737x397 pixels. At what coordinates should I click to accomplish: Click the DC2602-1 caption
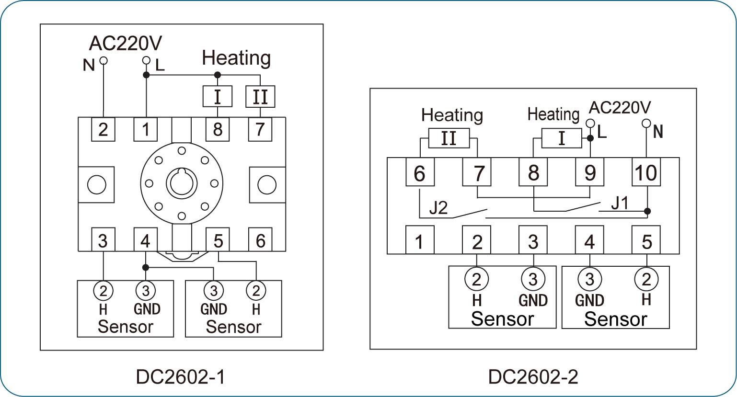pyautogui.click(x=181, y=376)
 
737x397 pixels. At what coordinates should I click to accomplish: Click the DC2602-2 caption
pyautogui.click(x=533, y=376)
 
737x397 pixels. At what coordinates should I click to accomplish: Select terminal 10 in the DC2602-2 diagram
pyautogui.click(x=646, y=172)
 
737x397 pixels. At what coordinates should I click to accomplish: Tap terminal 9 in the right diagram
pyautogui.click(x=589, y=172)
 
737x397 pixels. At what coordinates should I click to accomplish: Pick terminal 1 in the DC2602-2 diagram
pyautogui.click(x=420, y=240)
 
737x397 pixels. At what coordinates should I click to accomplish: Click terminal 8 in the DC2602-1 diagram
pyautogui.click(x=218, y=129)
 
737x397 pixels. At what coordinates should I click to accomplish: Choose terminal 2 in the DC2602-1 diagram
pyautogui.click(x=103, y=129)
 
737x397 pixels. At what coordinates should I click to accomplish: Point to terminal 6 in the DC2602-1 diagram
pyautogui.click(x=260, y=239)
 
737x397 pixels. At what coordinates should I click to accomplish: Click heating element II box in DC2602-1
pyautogui.click(x=260, y=96)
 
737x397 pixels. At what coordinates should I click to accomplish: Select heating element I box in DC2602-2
pyautogui.click(x=562, y=138)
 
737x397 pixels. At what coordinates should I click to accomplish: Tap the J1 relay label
pyautogui.click(x=620, y=203)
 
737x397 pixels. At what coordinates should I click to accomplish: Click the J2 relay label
pyautogui.click(x=438, y=208)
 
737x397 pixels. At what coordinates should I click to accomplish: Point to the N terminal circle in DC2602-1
pyautogui.click(x=104, y=60)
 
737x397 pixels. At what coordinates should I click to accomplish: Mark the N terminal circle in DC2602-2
pyautogui.click(x=646, y=124)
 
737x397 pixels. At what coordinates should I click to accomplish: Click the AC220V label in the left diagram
pyautogui.click(x=126, y=43)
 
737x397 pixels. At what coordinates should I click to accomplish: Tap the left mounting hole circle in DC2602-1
pyautogui.click(x=97, y=184)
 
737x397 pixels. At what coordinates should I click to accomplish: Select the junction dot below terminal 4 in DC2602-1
pyautogui.click(x=146, y=267)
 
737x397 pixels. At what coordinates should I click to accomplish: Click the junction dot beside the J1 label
pyautogui.click(x=647, y=211)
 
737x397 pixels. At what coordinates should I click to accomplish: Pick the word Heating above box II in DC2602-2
pyautogui.click(x=452, y=115)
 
